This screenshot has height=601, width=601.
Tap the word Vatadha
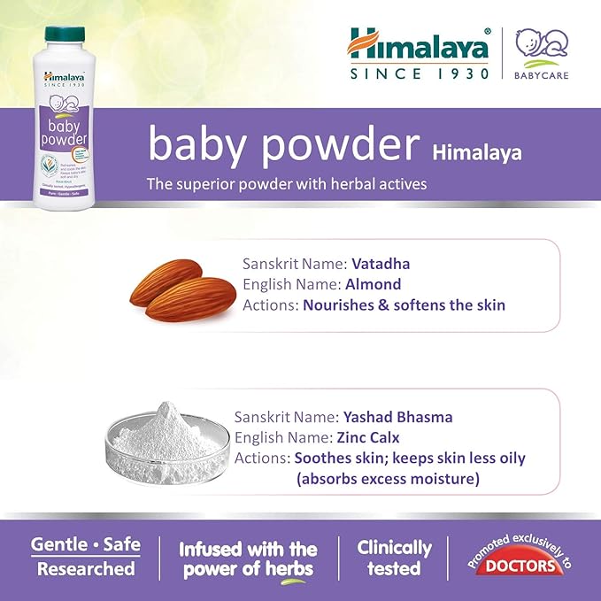tap(381, 264)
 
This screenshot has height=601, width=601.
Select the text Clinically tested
tap(394, 558)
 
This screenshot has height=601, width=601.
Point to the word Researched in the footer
tap(85, 568)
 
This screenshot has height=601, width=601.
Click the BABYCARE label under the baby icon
tap(541, 75)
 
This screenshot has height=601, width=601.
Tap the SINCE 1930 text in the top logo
tap(419, 73)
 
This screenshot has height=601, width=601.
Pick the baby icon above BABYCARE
tap(541, 44)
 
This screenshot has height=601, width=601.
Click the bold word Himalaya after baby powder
tap(477, 153)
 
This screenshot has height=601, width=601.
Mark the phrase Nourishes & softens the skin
tap(404, 305)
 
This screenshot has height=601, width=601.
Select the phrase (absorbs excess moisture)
tap(388, 479)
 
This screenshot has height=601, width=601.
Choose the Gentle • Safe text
tap(85, 544)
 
